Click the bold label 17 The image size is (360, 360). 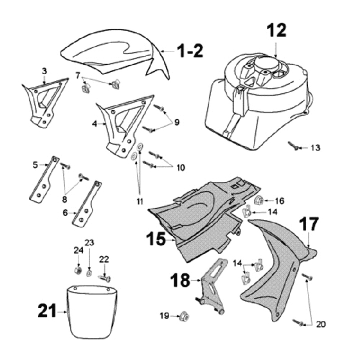pos(308,224)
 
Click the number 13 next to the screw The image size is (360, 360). pos(315,148)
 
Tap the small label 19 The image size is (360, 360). pos(164,315)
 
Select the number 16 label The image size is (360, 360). pos(279,200)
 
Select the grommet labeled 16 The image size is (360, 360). pos(260,200)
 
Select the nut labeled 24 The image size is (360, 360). pos(78,270)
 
